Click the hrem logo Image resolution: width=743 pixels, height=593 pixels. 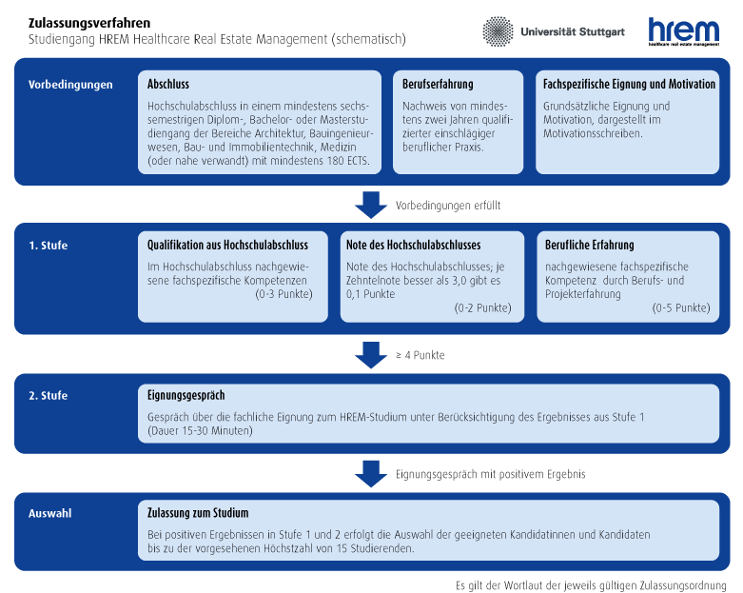(x=683, y=31)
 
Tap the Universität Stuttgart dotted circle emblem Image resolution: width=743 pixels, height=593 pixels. (x=498, y=31)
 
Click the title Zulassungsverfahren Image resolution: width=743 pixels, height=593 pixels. (x=89, y=23)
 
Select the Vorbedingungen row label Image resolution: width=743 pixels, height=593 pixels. (x=70, y=85)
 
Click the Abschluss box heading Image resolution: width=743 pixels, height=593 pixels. (x=168, y=84)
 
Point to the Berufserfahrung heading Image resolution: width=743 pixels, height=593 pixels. (x=438, y=84)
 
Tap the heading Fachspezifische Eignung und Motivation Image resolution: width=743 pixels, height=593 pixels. (x=629, y=84)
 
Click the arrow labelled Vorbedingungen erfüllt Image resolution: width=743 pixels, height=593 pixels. (x=371, y=205)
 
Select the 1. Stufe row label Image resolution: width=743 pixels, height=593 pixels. (x=48, y=245)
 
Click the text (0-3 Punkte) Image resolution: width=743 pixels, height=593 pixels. (x=284, y=294)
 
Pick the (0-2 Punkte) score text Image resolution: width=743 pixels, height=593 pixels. (x=483, y=307)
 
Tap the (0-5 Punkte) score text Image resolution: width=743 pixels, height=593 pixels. (x=681, y=307)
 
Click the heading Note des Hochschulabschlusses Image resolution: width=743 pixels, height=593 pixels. (x=413, y=245)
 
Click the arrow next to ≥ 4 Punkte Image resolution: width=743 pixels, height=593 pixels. (x=371, y=355)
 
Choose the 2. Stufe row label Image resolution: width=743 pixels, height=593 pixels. (x=48, y=395)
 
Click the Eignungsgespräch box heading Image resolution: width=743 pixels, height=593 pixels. (x=186, y=395)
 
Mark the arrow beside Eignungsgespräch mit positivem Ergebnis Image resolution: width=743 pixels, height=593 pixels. (x=371, y=474)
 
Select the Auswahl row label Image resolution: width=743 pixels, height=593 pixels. (x=49, y=513)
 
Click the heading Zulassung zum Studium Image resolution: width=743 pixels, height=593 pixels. (x=198, y=512)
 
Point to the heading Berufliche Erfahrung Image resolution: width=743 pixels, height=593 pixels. (x=589, y=245)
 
